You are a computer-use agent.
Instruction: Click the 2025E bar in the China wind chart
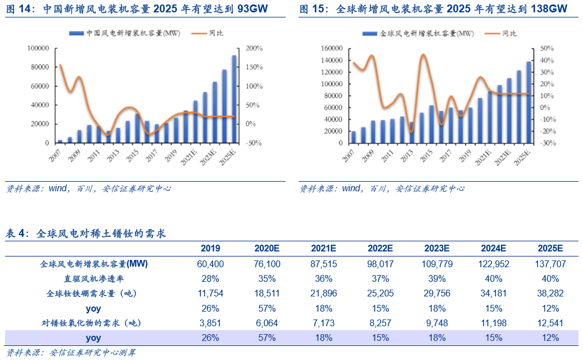pyautogui.click(x=234, y=99)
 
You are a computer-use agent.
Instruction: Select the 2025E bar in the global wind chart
pyautogui.click(x=528, y=102)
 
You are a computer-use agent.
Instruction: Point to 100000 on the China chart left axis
pyautogui.click(x=38, y=48)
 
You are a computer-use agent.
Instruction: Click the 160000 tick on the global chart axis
pyautogui.click(x=331, y=48)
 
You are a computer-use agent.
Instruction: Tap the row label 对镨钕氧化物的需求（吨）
pyautogui.click(x=91, y=323)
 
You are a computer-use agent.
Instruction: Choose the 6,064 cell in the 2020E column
pyautogui.click(x=265, y=323)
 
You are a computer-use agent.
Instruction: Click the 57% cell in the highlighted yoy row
pyautogui.click(x=265, y=338)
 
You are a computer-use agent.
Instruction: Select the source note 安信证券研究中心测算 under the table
pyautogui.click(x=92, y=353)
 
